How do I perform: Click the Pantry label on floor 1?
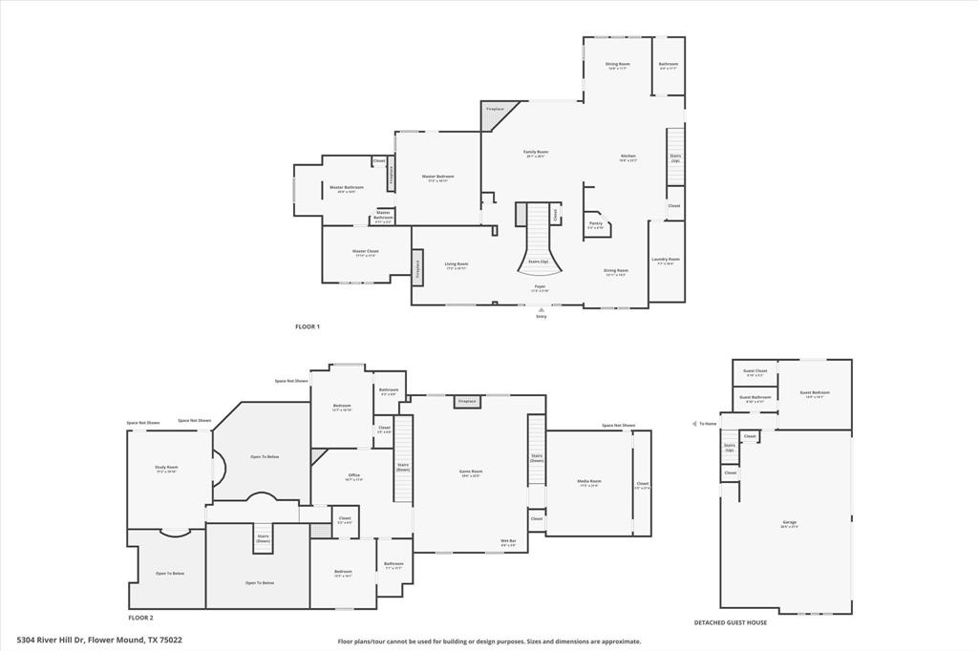coord(595,225)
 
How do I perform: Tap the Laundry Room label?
coord(665,260)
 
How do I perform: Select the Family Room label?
coord(536,153)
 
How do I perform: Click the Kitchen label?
coord(627,157)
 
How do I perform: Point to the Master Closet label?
coord(366,252)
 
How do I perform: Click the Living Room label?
coord(457,265)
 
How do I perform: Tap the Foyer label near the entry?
coord(540,287)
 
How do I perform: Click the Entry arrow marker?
coord(542,310)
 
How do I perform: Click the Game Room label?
coord(471,472)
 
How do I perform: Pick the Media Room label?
coord(590,482)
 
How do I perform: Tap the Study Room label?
coord(166,469)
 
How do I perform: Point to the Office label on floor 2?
coord(353,476)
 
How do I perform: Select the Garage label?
coord(789,523)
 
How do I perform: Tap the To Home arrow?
coord(695,424)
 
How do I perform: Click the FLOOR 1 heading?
coord(308,326)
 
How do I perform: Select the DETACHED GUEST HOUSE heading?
coord(730,622)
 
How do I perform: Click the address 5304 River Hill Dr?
coord(99,640)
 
